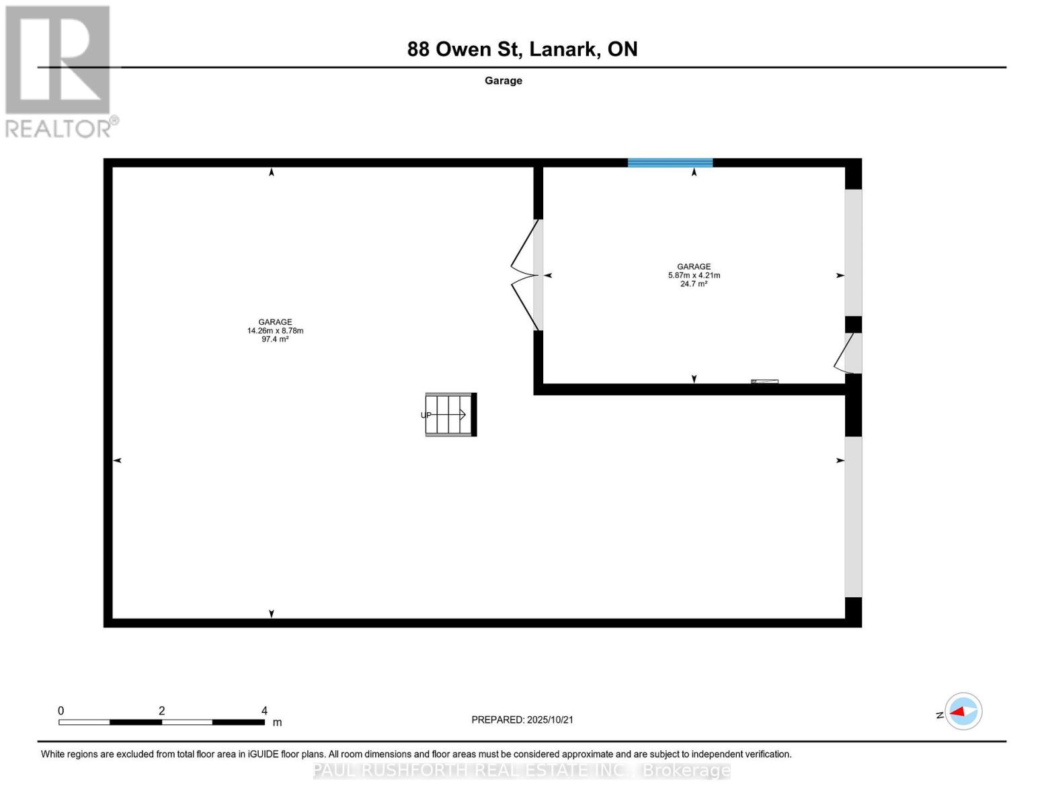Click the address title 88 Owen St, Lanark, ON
click(522, 49)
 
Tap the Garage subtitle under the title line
click(504, 81)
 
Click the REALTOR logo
click(59, 71)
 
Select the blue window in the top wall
click(670, 163)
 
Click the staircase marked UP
click(450, 415)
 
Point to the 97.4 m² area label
click(275, 340)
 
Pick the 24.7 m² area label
click(694, 284)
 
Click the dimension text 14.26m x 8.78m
click(275, 331)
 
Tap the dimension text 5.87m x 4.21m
click(694, 275)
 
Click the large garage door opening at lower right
click(853, 516)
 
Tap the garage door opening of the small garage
click(853, 252)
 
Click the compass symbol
click(963, 712)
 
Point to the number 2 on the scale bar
click(162, 711)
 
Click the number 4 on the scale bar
click(264, 711)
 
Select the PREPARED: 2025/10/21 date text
click(522, 720)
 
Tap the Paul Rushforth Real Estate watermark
click(522, 771)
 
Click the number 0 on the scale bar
click(61, 711)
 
